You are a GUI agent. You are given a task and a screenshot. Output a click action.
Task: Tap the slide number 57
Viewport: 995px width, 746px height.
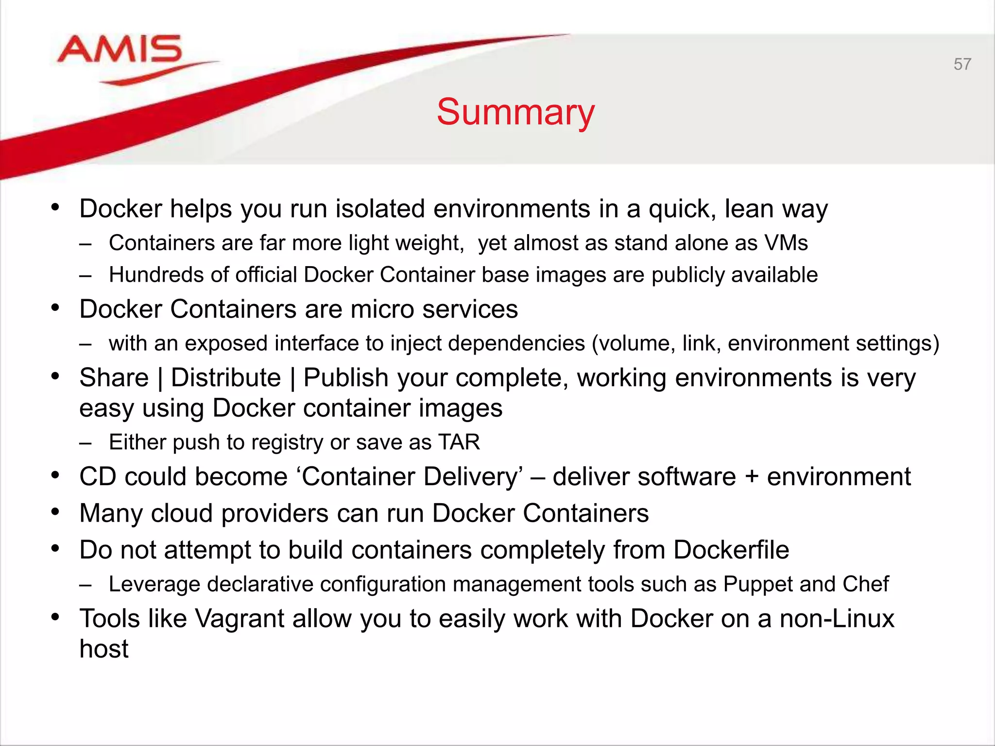pos(962,64)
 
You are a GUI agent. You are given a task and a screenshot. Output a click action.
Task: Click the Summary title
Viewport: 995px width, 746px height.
pos(515,112)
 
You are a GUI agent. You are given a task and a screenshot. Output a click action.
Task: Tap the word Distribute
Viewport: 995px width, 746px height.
pos(226,378)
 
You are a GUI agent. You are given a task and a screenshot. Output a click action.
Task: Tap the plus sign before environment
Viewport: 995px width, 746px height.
pos(751,476)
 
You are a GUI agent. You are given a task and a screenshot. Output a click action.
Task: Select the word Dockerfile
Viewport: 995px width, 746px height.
pos(731,550)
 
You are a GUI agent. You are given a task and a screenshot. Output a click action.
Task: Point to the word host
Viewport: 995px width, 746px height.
pos(104,649)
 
